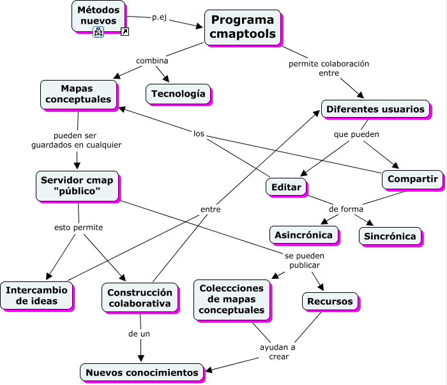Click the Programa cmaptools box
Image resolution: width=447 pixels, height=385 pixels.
point(243,27)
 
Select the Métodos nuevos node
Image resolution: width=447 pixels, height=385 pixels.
point(98,15)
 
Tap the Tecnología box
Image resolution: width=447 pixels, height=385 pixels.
point(178,93)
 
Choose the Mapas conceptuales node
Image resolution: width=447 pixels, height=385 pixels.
point(78,93)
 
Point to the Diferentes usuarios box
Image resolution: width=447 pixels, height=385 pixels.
point(375,109)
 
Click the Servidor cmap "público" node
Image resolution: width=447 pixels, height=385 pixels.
point(77,185)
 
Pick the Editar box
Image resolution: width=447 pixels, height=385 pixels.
point(286,186)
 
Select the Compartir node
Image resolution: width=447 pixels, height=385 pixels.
point(413,179)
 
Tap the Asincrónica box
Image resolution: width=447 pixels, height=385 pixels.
point(303,235)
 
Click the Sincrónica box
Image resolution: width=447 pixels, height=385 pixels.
point(390,236)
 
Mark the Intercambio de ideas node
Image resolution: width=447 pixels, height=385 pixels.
point(36,295)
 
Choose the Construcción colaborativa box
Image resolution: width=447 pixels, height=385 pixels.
point(139,297)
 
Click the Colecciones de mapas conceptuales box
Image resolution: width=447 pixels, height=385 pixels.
point(231,299)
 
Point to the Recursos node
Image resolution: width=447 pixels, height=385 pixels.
point(330,301)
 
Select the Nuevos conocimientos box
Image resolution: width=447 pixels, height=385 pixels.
point(142,372)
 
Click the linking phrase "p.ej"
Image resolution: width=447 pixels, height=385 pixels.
point(160,17)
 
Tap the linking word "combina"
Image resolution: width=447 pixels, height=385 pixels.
point(152,61)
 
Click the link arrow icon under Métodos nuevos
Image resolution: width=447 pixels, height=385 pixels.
point(125,31)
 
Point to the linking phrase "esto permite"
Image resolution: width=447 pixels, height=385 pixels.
point(79,227)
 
